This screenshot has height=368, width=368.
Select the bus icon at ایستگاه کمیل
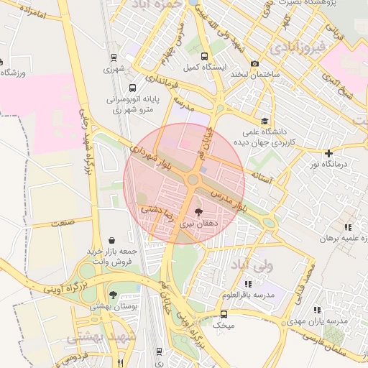click(x=205, y=56)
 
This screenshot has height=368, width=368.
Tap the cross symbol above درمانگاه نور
click(x=328, y=153)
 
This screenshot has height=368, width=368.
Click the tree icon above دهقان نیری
click(x=198, y=212)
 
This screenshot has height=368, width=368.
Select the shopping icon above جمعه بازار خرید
click(x=111, y=240)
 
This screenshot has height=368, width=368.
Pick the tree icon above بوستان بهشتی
click(x=113, y=294)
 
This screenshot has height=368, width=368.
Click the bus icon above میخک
click(x=224, y=314)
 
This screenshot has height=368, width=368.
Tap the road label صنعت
click(x=63, y=223)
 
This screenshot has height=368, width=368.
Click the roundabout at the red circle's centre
click(x=193, y=179)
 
